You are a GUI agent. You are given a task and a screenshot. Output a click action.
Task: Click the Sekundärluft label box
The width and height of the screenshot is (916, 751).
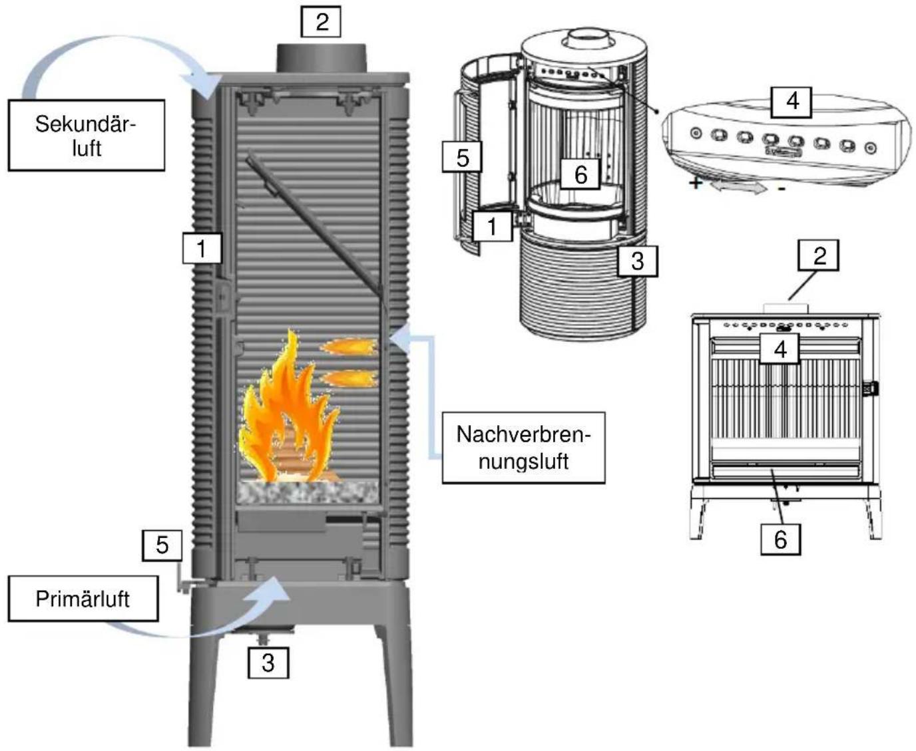click(86, 135)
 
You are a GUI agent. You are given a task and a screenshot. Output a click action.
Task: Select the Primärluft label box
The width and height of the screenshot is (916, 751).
click(83, 599)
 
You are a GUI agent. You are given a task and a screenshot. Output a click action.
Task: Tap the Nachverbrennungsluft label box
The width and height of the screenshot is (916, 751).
click(523, 447)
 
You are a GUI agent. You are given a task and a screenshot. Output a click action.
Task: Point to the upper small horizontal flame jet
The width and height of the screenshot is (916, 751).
click(349, 347)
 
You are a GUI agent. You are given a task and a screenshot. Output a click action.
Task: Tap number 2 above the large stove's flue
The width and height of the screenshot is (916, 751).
click(322, 22)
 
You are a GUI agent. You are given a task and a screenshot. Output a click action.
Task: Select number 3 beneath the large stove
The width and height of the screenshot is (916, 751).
click(268, 663)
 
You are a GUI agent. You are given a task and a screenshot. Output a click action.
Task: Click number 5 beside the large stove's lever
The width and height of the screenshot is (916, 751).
click(162, 545)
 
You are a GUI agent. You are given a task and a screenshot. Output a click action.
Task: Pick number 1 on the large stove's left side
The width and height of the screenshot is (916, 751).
click(202, 249)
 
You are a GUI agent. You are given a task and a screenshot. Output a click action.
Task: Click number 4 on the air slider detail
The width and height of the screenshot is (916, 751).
click(792, 101)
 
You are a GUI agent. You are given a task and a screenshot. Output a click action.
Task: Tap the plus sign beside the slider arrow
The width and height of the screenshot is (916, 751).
click(695, 182)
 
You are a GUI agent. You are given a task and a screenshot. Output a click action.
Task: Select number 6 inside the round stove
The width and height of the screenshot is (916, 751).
click(580, 174)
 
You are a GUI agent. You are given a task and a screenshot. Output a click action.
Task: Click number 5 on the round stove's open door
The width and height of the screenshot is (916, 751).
click(462, 158)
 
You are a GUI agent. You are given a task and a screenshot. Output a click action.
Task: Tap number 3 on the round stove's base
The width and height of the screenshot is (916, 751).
click(637, 260)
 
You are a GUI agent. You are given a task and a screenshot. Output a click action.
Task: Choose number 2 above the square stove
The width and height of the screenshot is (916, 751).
click(819, 255)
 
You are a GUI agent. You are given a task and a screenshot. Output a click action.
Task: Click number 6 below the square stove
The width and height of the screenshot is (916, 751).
click(780, 539)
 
